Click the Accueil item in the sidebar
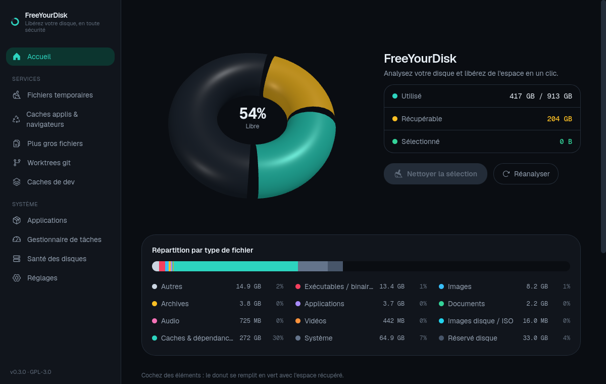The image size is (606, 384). pyautogui.click(x=60, y=57)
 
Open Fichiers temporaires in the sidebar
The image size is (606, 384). pyautogui.click(x=60, y=95)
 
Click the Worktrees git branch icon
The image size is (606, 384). pyautogui.click(x=17, y=163)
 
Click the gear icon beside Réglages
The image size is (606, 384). pyautogui.click(x=17, y=278)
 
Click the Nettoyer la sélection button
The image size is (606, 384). pyautogui.click(x=435, y=174)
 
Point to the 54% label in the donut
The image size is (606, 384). pyautogui.click(x=252, y=113)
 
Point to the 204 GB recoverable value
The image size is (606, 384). pyautogui.click(x=560, y=119)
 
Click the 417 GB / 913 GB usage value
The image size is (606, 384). pyautogui.click(x=540, y=96)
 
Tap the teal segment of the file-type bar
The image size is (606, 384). pyautogui.click(x=235, y=266)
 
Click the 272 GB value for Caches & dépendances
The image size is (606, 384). pyautogui.click(x=250, y=338)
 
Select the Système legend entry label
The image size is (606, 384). pyautogui.click(x=319, y=338)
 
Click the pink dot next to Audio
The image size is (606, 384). pyautogui.click(x=155, y=321)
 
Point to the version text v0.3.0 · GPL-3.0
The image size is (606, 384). pyautogui.click(x=31, y=372)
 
